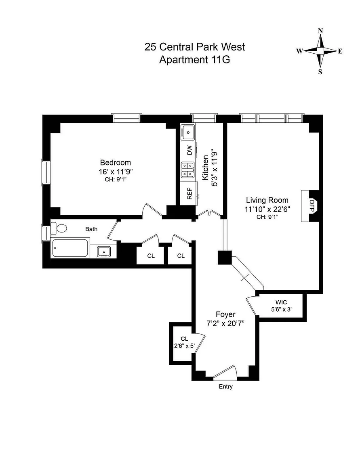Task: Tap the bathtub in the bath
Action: point(70,248)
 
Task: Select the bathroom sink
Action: point(104,251)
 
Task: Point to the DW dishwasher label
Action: point(189,150)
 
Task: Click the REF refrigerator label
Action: point(189,194)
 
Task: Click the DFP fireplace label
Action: point(312,205)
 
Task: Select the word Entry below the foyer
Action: point(225,386)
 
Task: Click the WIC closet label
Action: point(281,302)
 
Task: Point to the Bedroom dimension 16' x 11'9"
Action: point(116,172)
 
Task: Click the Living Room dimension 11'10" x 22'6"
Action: point(267,209)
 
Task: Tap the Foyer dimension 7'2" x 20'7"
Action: point(225,323)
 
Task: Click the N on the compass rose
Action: point(320,31)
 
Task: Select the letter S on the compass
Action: point(320,71)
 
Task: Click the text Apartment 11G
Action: point(195,60)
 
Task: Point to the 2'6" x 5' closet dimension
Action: point(184,345)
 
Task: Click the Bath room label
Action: point(91,229)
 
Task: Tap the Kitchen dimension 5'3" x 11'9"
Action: point(215,168)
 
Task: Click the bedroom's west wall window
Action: point(46,172)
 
